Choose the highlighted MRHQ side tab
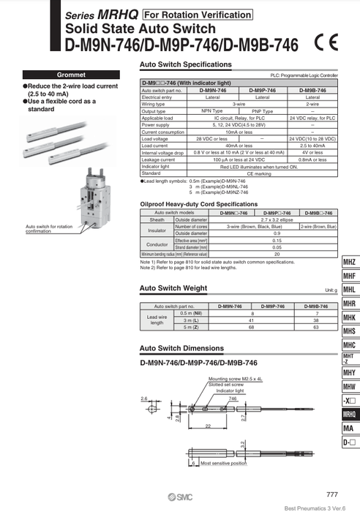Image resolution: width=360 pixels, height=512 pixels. [349, 415]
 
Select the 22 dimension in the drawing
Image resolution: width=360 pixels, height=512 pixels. [187, 425]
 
